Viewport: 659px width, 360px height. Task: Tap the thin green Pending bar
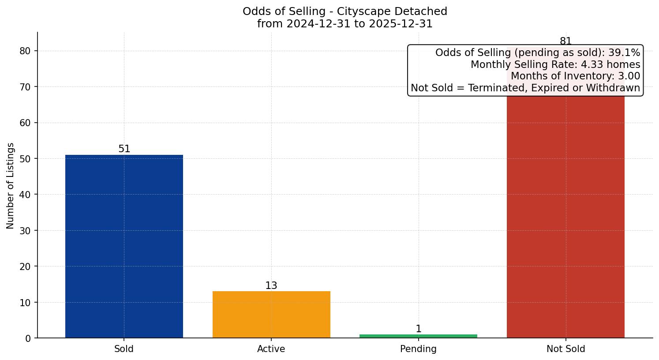(418, 336)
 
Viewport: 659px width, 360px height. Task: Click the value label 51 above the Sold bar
(124, 149)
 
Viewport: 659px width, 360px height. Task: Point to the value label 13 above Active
(271, 286)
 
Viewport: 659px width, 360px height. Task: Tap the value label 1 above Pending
(418, 329)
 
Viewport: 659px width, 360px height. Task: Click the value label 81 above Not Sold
(565, 41)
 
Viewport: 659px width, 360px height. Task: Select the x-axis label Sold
(124, 349)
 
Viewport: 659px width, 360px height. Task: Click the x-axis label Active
(271, 349)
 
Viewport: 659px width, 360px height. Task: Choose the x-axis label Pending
(418, 349)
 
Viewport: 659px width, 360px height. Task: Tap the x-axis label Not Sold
(565, 349)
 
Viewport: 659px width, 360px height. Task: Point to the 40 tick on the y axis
(25, 195)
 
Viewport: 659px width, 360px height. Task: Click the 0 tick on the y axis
(28, 338)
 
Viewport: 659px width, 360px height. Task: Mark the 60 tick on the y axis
(25, 123)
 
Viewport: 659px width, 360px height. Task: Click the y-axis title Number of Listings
(10, 186)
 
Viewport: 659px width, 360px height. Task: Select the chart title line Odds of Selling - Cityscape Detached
(344, 11)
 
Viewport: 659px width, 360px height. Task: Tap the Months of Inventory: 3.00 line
(575, 76)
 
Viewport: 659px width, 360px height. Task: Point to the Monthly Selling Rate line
(555, 64)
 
